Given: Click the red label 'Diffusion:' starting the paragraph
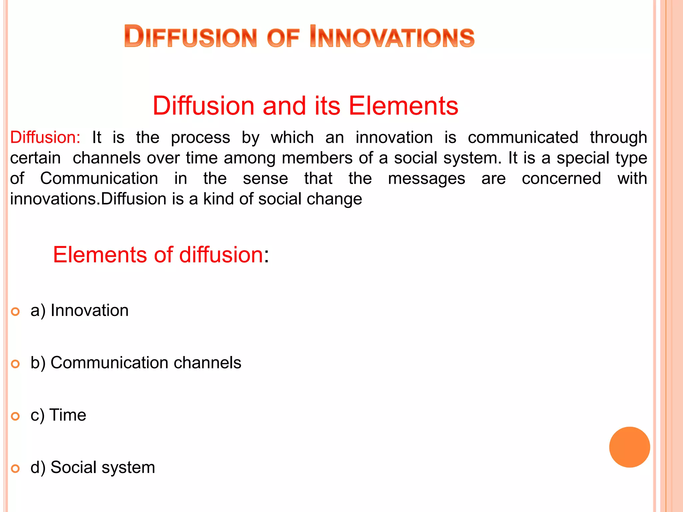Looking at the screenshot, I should (x=45, y=137).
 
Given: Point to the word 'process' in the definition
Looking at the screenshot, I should (x=200, y=137).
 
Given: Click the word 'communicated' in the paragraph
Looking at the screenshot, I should (x=523, y=137).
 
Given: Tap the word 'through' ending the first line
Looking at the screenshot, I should (x=618, y=137).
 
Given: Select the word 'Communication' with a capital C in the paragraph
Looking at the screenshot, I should (x=99, y=178).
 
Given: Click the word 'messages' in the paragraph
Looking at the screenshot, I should (x=427, y=178).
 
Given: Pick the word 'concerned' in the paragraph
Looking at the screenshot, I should (x=561, y=178).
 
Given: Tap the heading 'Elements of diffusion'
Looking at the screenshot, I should (x=158, y=255).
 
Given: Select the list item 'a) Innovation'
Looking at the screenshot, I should (x=79, y=310).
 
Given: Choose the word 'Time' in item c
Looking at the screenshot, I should (x=68, y=415).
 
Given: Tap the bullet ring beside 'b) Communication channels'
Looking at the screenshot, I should (x=15, y=364).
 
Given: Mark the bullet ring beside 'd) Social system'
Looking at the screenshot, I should (x=15, y=469).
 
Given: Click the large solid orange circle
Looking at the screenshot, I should (x=629, y=447).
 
